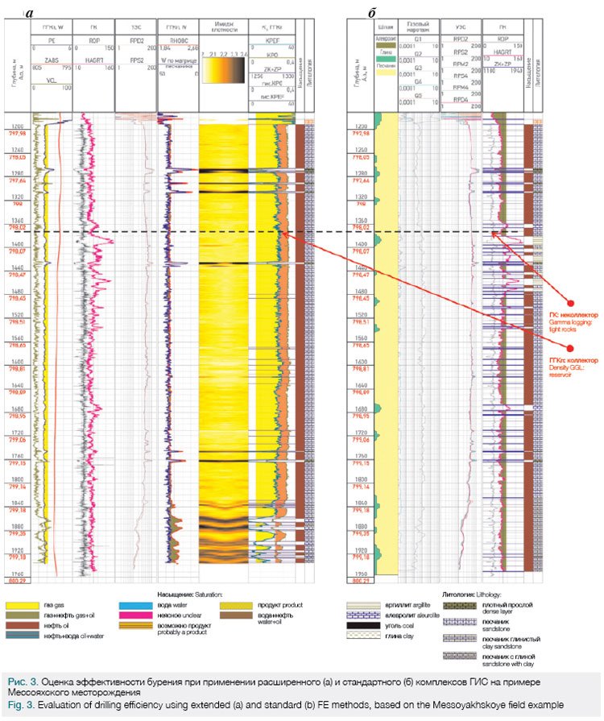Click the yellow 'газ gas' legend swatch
coord(20,605)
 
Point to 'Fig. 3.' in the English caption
coord(18,706)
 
